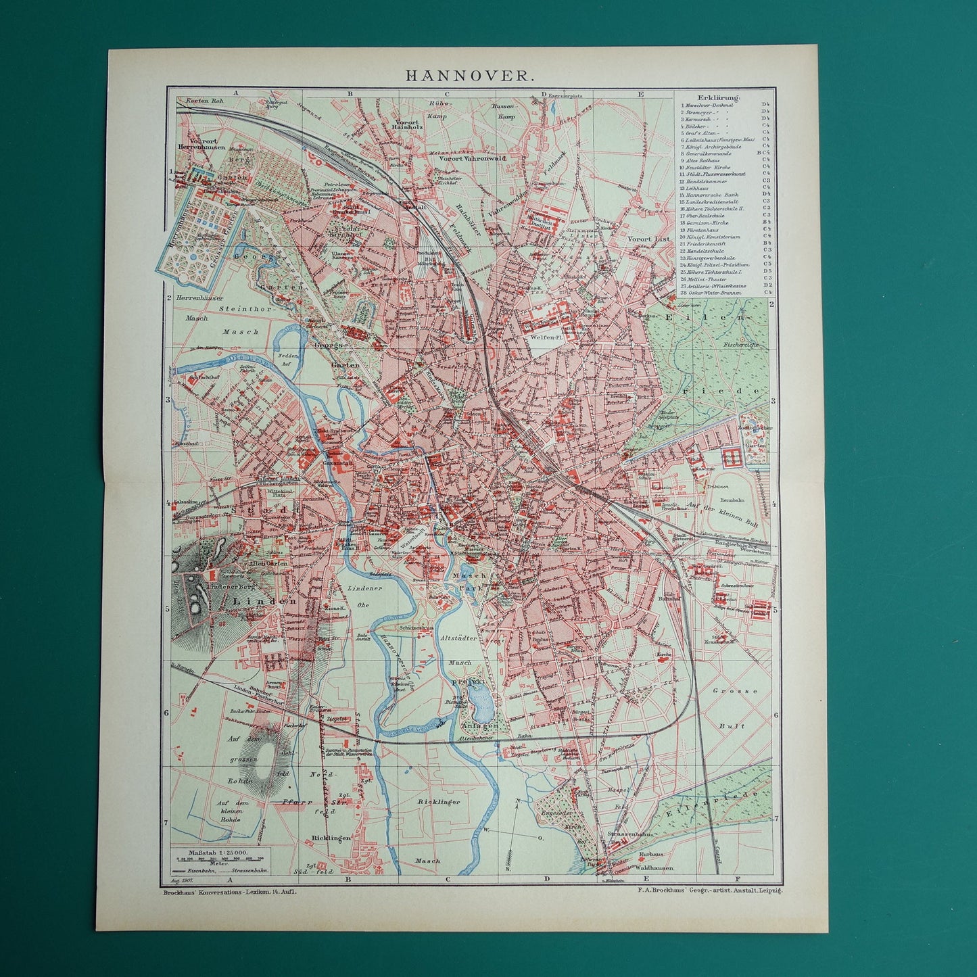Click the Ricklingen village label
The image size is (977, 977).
click(331, 838)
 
